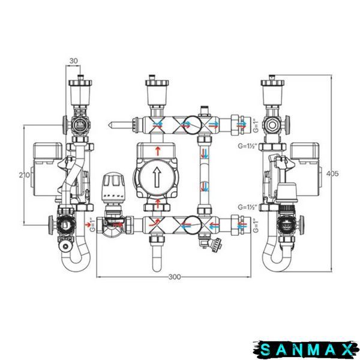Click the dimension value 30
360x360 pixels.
click(x=73, y=61)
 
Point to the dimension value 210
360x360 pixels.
click(x=25, y=175)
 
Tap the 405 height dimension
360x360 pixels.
click(x=332, y=173)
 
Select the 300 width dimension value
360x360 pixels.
click(x=175, y=277)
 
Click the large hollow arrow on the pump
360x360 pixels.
click(x=157, y=177)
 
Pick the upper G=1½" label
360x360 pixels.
click(x=247, y=146)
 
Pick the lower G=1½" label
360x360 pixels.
click(x=247, y=207)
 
